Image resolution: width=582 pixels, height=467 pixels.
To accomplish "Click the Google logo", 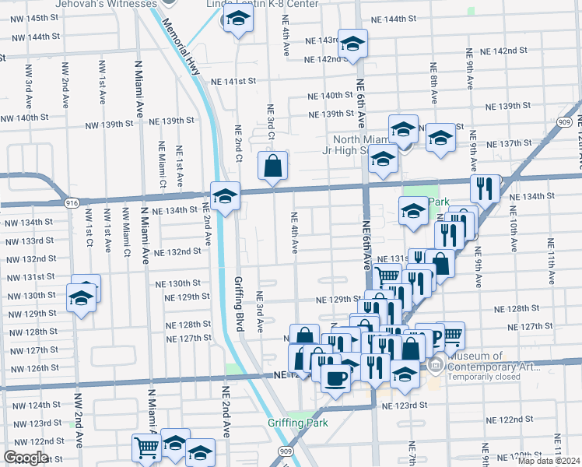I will point(26,458).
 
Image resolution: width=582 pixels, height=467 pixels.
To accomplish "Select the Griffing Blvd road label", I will point(239,304).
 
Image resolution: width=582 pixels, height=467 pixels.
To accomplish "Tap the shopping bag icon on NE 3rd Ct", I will point(272,167).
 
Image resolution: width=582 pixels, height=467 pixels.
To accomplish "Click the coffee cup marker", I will point(336,378).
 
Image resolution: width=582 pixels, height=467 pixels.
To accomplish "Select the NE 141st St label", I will point(231,81).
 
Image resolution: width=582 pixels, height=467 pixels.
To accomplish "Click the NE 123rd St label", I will point(405,405).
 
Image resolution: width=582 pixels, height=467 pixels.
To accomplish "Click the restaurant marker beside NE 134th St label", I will point(485,188).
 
